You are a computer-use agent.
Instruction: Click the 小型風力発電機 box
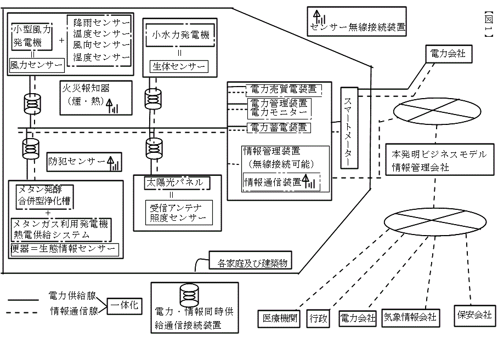click(31, 35)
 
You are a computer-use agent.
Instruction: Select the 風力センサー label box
click(37, 65)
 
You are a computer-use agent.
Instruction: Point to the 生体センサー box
click(179, 67)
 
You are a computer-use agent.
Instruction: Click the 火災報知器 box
click(96, 98)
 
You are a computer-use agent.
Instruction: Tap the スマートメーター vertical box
click(349, 128)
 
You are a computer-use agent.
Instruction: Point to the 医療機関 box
click(279, 318)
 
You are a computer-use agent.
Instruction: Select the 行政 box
click(318, 318)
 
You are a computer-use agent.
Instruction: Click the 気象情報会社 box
click(410, 317)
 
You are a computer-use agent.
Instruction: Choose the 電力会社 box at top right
click(446, 54)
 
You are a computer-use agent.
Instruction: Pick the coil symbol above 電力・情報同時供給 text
click(189, 296)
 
